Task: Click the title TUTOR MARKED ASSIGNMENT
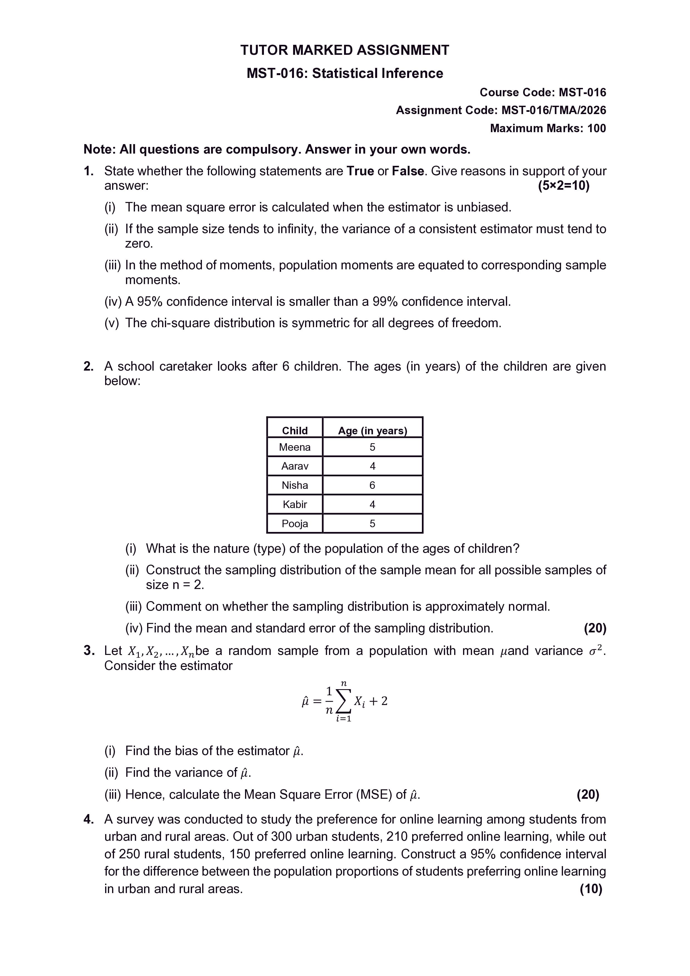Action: (345, 50)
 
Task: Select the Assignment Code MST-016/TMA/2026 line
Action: (501, 110)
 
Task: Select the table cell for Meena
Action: (295, 447)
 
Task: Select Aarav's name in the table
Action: (295, 466)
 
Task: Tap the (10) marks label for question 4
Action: (591, 889)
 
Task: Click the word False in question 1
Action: (407, 171)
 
